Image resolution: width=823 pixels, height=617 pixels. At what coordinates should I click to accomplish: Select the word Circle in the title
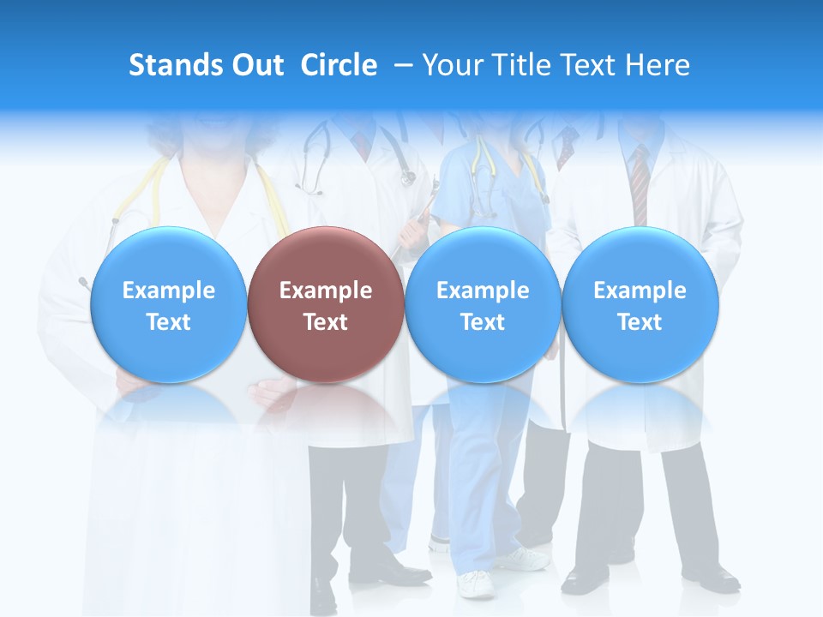[x=339, y=65]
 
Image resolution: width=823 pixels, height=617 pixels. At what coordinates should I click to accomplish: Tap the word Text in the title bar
[x=594, y=65]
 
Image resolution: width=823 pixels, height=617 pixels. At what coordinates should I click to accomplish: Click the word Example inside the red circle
[x=326, y=291]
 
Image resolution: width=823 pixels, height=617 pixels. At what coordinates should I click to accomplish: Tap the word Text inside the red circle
[x=326, y=322]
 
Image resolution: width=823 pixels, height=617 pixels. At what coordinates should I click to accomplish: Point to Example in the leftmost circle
[x=168, y=291]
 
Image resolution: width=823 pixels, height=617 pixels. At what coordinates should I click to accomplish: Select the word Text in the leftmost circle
[x=168, y=322]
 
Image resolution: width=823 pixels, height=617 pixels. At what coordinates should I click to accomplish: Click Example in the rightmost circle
[x=640, y=291]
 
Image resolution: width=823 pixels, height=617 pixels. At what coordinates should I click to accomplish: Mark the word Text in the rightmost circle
[x=640, y=322]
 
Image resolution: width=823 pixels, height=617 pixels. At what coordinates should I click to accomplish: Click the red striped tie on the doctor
[x=640, y=184]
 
